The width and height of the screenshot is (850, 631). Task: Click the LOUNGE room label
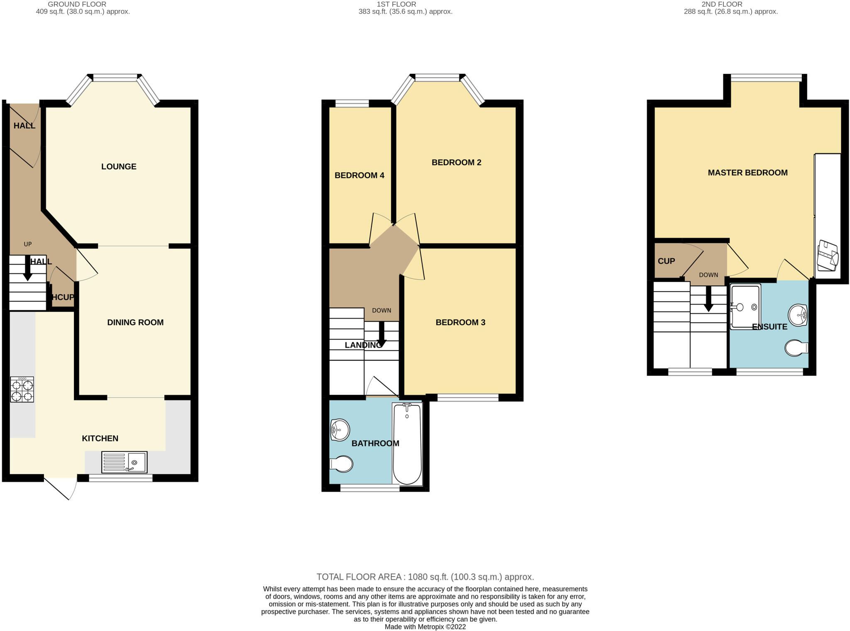tap(119, 166)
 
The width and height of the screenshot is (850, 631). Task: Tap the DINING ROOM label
tap(135, 322)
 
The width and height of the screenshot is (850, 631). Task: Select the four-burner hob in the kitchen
tap(22, 390)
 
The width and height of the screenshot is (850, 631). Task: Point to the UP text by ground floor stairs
tap(28, 244)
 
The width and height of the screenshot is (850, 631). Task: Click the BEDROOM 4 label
tap(359, 175)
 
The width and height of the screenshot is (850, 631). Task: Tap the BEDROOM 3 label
tap(460, 322)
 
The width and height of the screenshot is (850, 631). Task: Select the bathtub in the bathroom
tap(407, 443)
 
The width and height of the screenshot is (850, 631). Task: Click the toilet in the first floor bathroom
tap(342, 464)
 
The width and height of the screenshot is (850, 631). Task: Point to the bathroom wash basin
tap(340, 430)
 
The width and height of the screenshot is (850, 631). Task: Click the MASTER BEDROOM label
tap(747, 173)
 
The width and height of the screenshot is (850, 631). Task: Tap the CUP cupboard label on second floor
tap(666, 261)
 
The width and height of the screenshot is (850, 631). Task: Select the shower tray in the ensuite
tap(745, 307)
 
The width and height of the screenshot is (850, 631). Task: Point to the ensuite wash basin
tap(797, 315)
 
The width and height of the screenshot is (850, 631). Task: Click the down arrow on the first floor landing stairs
tap(381, 334)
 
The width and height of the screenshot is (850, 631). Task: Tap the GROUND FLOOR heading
tap(77, 4)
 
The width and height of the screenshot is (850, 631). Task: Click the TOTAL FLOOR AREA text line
tap(425, 577)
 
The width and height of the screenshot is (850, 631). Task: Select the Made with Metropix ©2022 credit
tap(425, 627)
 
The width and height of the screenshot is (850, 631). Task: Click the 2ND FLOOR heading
tap(722, 4)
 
